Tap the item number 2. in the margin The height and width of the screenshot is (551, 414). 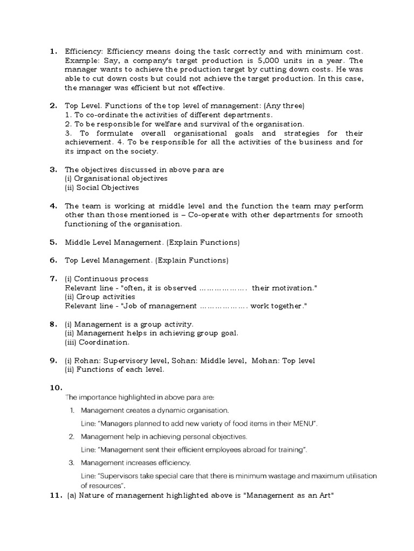coord(53,105)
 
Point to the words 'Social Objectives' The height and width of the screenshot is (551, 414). coord(108,188)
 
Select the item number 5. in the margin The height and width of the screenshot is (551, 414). coord(53,242)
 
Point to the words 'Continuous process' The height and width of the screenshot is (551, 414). coord(111,279)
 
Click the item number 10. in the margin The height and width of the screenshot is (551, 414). coord(56,387)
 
